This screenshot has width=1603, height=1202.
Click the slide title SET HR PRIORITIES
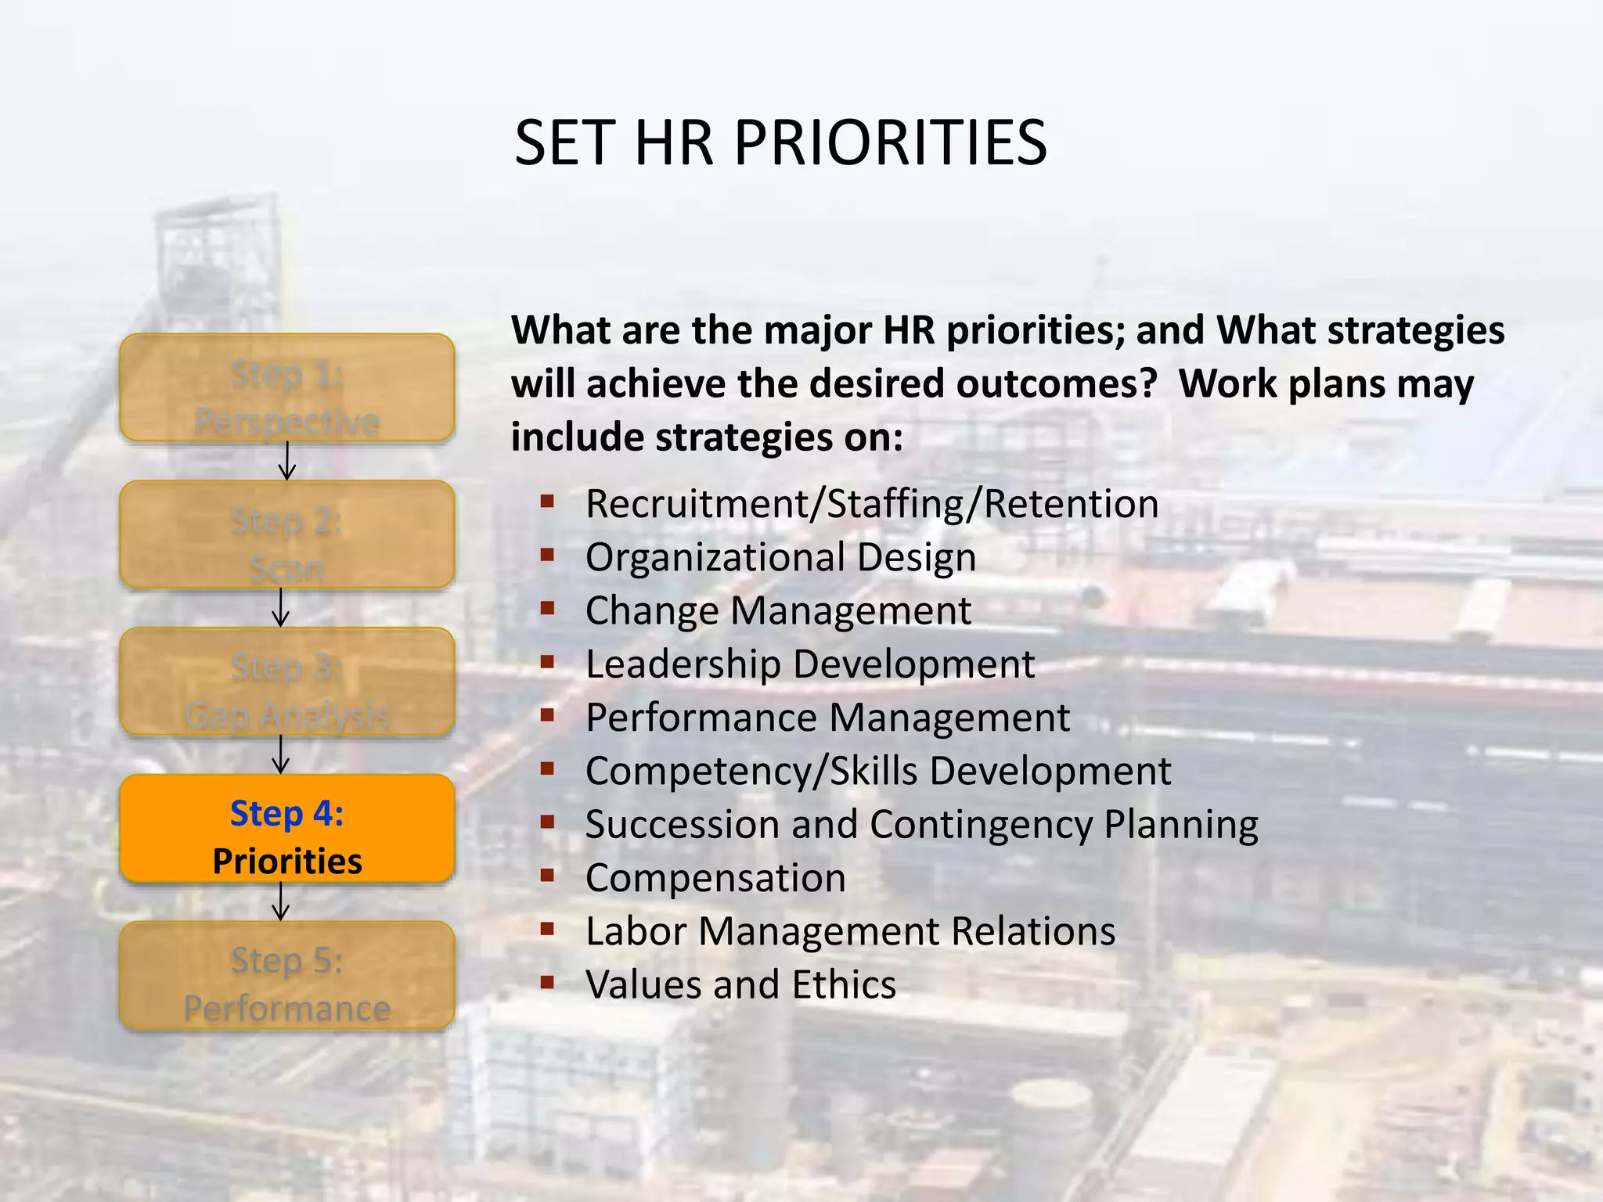click(x=780, y=143)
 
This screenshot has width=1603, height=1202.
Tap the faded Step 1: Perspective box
click(x=287, y=388)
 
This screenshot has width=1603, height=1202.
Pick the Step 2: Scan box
click(x=287, y=535)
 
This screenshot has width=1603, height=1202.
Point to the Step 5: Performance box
click(x=287, y=976)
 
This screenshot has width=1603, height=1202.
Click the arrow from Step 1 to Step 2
click(x=287, y=461)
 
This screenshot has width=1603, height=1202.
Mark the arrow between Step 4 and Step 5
click(x=281, y=901)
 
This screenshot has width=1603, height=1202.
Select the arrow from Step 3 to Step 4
click(x=281, y=754)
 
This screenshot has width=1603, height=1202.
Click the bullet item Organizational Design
click(x=780, y=558)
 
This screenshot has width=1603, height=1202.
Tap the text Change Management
click(x=778, y=611)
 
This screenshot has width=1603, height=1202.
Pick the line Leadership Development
click(x=810, y=664)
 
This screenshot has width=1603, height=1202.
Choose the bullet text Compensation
click(x=715, y=878)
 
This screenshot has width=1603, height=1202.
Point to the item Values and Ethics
click(x=740, y=984)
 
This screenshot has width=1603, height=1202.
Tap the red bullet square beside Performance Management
click(x=547, y=715)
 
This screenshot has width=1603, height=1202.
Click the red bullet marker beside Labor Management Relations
click(x=547, y=929)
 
